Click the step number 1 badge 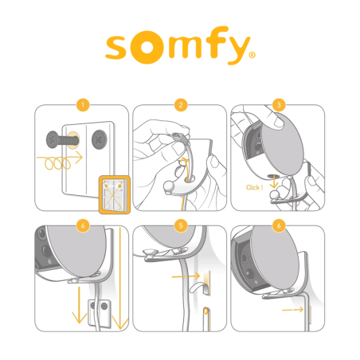tap(83, 104)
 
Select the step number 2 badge tap(181, 104)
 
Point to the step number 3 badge tap(278, 104)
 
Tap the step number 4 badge tap(83, 225)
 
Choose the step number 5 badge tap(181, 225)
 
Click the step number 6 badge tap(278, 225)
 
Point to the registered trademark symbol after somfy tap(252, 57)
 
